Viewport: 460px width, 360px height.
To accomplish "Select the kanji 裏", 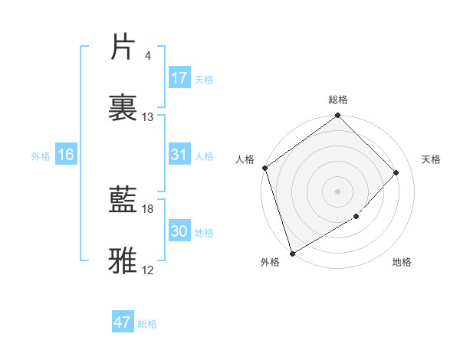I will pos(123,106).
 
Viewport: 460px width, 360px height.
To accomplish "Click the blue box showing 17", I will pos(179,78).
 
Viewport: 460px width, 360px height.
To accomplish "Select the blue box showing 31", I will pos(179,155).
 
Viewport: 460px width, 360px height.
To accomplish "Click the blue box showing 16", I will pos(65,155).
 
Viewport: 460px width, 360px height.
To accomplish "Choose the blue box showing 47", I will pos(123,322).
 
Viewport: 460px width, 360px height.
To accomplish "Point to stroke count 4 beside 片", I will pos(147,56).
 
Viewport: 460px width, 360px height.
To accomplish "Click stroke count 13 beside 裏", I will pos(148,117).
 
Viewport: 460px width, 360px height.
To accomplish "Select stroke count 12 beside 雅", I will pos(148,270).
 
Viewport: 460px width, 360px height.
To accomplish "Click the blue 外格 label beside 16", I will pos(41,155).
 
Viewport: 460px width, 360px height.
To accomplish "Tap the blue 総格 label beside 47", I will pos(147,324).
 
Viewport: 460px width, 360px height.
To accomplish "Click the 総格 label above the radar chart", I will pos(338,100).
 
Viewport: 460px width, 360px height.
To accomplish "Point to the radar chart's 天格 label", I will pos(432,159).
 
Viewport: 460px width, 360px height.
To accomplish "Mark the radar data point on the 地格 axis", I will pos(356,217).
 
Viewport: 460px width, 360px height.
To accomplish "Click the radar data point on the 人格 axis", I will pos(264,168).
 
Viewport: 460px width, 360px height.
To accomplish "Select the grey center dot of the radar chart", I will pos(337,191).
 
